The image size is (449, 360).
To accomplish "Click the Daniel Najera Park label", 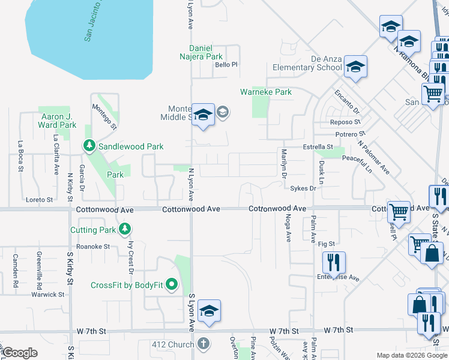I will point(206,52).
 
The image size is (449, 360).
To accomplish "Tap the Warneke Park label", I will point(266,92).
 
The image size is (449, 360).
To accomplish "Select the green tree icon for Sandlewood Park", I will point(89,146).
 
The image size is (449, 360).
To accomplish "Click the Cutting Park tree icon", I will point(124,229).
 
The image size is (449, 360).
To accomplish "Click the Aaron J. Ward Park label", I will point(58,121).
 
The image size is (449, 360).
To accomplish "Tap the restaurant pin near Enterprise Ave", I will point(332,262).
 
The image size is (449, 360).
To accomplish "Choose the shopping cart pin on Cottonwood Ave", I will point(399,211).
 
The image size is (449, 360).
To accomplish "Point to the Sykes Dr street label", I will point(303,188).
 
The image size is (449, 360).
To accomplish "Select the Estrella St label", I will point(318,146).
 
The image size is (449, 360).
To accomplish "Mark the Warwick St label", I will point(49,295).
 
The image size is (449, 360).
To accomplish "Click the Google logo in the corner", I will point(20,352).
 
